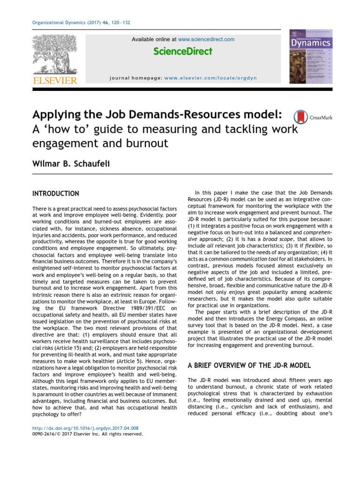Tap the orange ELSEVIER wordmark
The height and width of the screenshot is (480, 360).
tap(54, 81)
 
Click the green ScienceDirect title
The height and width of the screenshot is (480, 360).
tap(183, 51)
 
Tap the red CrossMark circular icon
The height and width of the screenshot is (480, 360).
tap(300, 117)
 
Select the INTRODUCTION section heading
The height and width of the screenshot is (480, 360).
tap(55, 194)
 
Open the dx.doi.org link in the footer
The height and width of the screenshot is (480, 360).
tap(85, 428)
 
